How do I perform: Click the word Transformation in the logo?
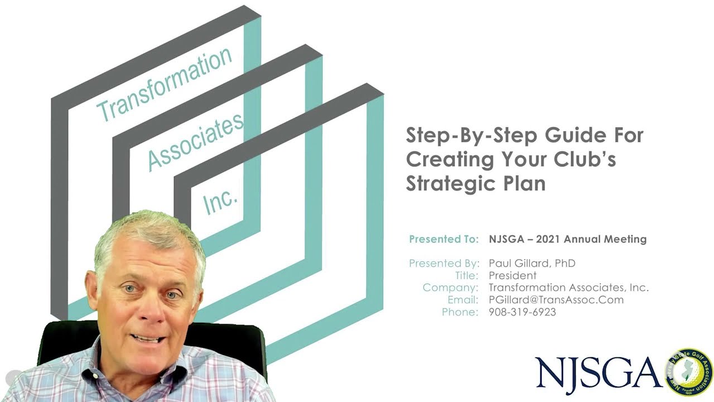coord(165,84)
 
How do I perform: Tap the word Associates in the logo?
coord(196,142)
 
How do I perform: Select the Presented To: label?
coord(443,240)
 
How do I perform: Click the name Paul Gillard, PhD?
coord(532,264)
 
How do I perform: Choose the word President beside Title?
coord(513,275)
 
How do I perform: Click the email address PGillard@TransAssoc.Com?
coord(556,300)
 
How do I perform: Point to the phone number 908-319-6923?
coord(523,312)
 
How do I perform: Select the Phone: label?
coord(460,312)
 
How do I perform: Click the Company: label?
coord(451,288)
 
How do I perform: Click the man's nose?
coord(152,309)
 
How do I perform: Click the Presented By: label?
coord(444,264)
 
